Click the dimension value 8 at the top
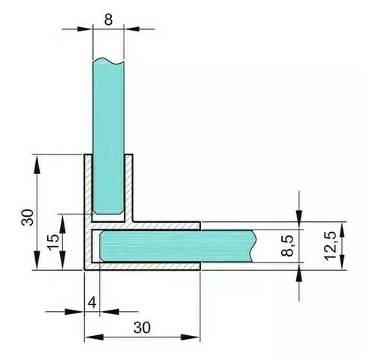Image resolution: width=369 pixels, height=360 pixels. click(108, 19)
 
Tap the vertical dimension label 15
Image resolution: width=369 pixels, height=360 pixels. click(54, 241)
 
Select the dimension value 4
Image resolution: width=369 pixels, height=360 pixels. click(92, 303)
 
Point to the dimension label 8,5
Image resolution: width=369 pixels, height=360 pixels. click(288, 246)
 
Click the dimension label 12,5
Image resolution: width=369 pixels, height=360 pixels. click(330, 246)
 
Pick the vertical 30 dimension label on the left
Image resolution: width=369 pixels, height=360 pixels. click(28, 217)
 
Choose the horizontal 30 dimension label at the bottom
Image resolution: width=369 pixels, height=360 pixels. click(142, 328)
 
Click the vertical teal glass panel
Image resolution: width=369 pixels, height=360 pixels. click(108, 136)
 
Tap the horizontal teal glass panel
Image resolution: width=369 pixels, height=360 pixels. click(178, 246)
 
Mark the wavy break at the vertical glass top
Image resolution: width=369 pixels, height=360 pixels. click(108, 61)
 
